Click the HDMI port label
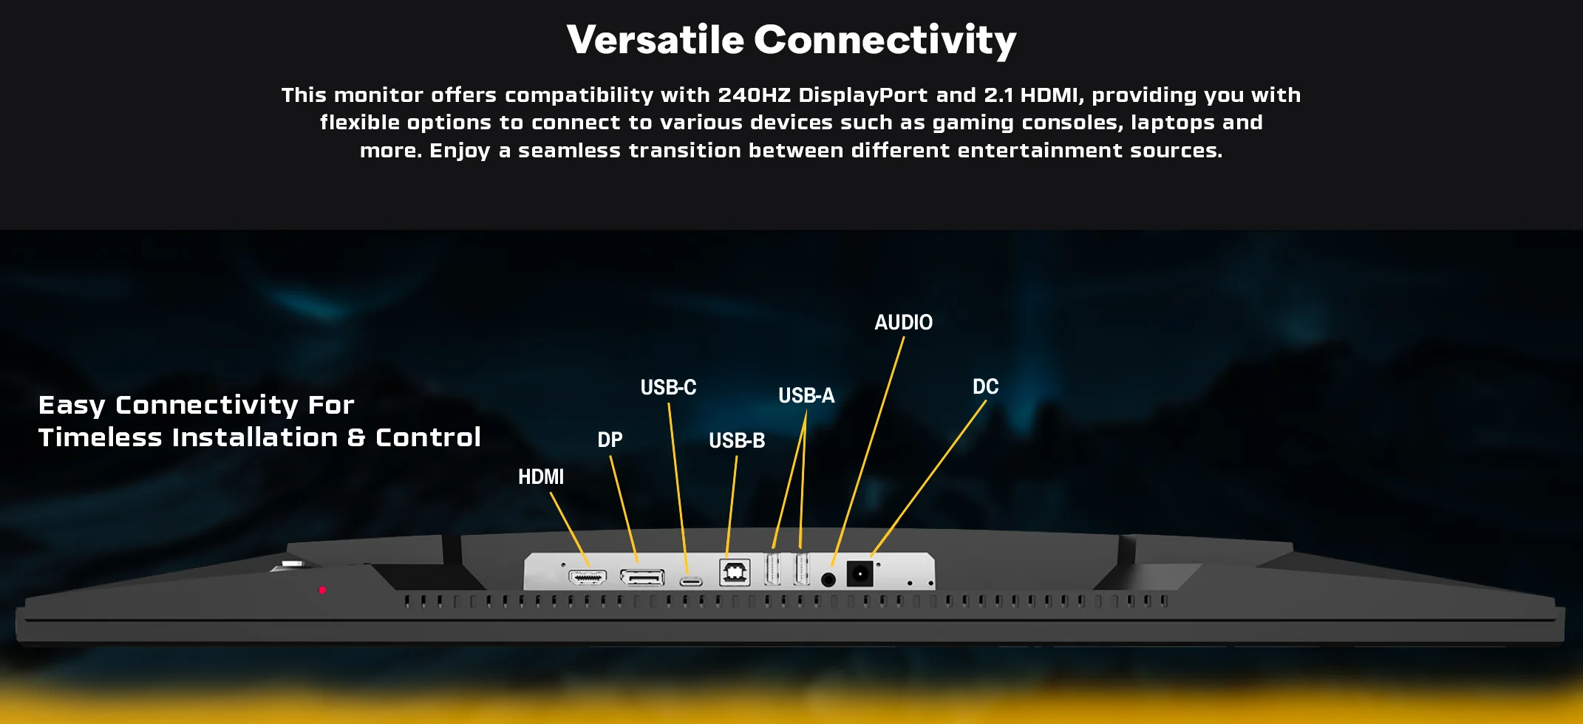tap(541, 477)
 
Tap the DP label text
tap(610, 440)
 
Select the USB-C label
tap(669, 387)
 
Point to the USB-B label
tap(737, 441)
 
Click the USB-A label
tap(806, 396)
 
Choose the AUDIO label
tap(904, 323)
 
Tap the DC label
tap(986, 387)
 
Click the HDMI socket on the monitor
tap(588, 576)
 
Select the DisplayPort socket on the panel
tap(642, 576)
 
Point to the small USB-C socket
tap(691, 581)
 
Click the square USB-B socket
tap(735, 573)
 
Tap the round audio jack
tap(828, 580)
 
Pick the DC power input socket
tap(859, 574)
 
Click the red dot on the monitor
tap(322, 590)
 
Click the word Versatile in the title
tap(656, 40)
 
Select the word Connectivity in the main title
tap(885, 41)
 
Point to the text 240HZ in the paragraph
tap(755, 95)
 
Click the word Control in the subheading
tap(429, 437)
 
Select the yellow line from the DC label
tap(929, 478)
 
